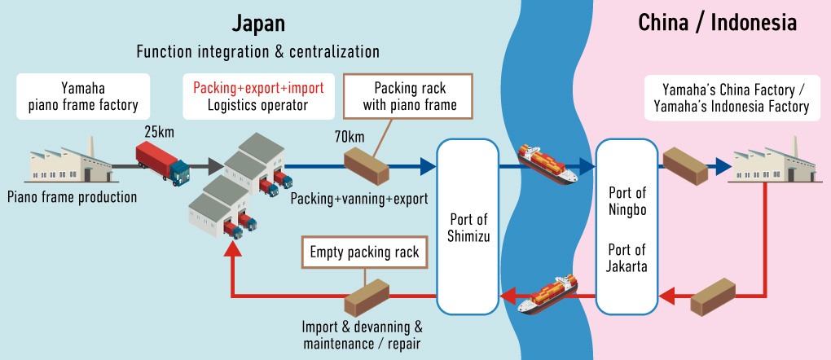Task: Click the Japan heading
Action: [258, 23]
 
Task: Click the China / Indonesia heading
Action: [717, 23]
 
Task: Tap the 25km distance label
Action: [161, 131]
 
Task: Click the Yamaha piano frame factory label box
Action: [83, 96]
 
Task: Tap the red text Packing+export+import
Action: [258, 87]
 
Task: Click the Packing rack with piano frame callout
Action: [410, 96]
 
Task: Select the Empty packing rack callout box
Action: [364, 252]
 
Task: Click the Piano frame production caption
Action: [72, 196]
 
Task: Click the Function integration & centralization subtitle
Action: [258, 52]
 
